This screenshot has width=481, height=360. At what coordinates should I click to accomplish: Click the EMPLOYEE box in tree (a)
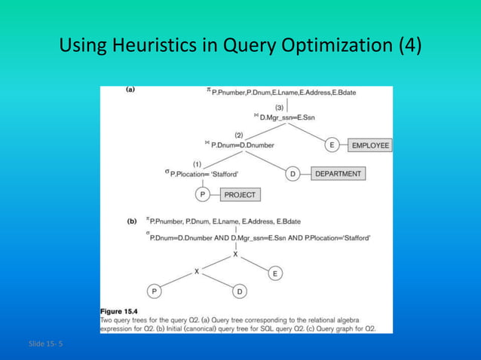pos(370,145)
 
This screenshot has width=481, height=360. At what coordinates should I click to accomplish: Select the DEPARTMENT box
pos(339,174)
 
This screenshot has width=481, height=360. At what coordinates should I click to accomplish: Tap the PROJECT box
pos(240,194)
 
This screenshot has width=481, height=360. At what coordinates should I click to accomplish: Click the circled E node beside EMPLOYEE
pos(332,145)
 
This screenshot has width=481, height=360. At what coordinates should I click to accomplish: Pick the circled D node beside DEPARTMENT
pos(293,174)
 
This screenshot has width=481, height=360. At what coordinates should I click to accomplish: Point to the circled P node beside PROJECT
pos(202,194)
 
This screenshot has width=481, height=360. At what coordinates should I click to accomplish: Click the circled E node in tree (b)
pos(275,273)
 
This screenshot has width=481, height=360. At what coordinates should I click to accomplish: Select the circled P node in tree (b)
pos(155,291)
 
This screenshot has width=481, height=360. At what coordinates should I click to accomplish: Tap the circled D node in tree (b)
pos(239,291)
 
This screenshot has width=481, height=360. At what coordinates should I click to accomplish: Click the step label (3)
pos(279,106)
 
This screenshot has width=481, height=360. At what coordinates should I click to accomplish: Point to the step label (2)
pos(238,134)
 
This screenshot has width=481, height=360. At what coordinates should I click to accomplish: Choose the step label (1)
pos(198,163)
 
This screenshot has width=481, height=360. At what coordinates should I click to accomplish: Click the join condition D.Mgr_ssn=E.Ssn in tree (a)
pos(290,117)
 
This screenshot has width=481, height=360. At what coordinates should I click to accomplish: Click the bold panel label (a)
pos(130,90)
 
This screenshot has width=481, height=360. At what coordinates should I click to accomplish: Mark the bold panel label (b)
pos(131,221)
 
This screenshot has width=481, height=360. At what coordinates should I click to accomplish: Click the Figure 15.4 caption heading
pos(125,310)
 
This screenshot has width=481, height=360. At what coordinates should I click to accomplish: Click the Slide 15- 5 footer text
pos(47,344)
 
